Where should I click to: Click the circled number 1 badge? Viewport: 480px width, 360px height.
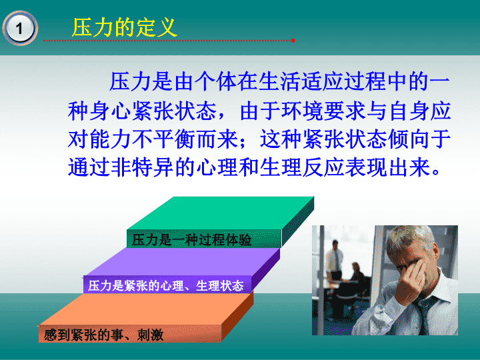[x=20, y=28]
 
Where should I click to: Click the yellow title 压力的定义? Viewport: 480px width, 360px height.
[x=125, y=27]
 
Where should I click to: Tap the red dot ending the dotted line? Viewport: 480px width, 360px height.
[x=293, y=41]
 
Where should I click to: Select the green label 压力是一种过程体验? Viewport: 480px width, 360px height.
[x=191, y=240]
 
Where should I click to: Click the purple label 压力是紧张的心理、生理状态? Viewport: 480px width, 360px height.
[x=165, y=285]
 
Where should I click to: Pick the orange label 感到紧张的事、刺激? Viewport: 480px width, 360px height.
[x=103, y=335]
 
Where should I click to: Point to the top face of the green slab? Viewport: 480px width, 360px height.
[x=221, y=213]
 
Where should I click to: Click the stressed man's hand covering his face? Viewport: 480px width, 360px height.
[x=412, y=279]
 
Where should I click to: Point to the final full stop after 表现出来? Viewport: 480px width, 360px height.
[x=437, y=172]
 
